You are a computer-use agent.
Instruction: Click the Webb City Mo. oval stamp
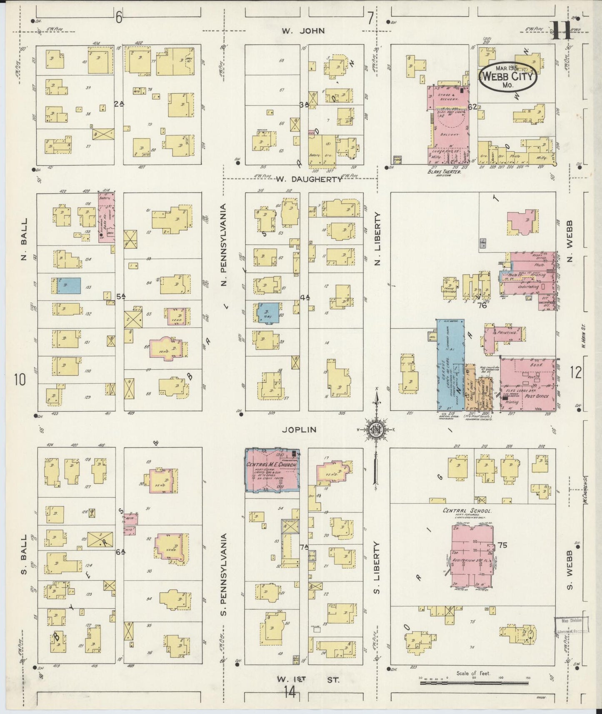[508, 76]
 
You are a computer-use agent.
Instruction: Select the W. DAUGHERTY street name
[309, 179]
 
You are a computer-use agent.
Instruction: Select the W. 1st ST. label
[309, 679]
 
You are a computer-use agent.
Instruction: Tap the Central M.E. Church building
[272, 470]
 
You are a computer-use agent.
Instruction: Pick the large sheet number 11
[562, 30]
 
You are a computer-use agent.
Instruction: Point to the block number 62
[472, 107]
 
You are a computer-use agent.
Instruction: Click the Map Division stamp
[571, 625]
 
